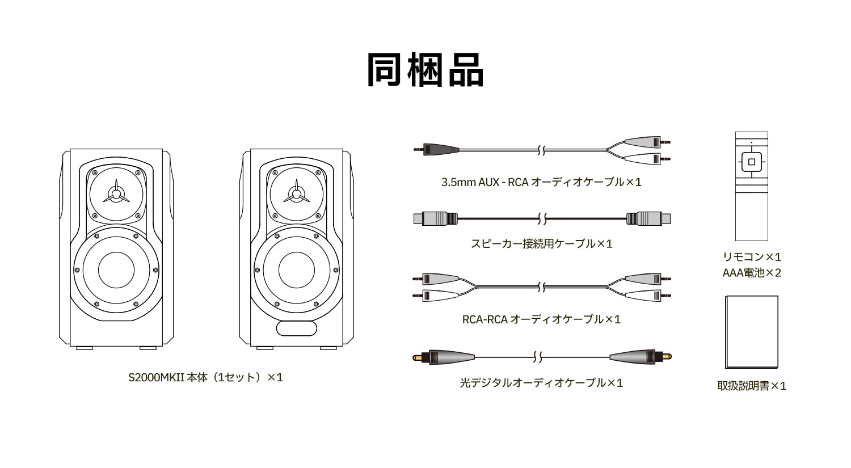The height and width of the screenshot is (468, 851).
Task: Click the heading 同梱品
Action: coord(425,71)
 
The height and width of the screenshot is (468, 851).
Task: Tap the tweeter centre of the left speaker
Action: coord(116,195)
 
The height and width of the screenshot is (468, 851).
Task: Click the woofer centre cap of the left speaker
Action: coord(116,270)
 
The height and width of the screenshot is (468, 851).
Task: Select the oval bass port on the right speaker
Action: coord(297,328)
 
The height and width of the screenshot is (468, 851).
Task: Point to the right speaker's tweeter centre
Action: coord(296,195)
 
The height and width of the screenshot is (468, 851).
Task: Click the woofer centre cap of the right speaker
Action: coord(297,270)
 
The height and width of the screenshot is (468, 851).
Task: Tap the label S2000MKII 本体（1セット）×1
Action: coord(205,377)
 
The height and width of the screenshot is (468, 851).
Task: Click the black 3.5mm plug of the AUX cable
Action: coord(436,149)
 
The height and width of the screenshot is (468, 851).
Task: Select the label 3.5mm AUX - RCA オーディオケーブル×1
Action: coord(541,182)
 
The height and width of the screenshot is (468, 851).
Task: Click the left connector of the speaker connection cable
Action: coord(435,218)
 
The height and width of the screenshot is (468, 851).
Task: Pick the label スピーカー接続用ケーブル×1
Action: coord(541,243)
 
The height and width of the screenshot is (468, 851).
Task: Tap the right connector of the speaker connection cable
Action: coord(648,218)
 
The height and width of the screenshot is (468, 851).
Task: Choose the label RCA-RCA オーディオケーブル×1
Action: coord(541,319)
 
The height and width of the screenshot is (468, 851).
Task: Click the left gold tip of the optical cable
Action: coord(417,357)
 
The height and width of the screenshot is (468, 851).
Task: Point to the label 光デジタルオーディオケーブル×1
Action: coord(541,383)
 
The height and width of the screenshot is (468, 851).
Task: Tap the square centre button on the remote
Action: coord(752,162)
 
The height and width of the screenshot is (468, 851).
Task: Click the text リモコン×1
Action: coord(752,257)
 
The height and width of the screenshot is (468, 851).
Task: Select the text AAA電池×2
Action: coord(752,273)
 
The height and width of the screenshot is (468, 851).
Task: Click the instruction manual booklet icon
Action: coord(752,332)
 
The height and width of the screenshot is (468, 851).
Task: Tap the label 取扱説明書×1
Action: coord(752,386)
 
